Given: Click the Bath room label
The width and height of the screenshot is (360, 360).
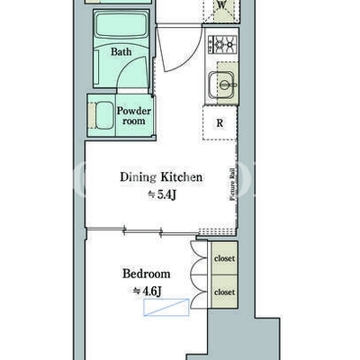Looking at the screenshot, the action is tap(121, 51).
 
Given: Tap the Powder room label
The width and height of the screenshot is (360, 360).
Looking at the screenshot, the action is tap(134, 116).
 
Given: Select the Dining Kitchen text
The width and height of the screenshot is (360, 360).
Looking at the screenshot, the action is tap(161, 177).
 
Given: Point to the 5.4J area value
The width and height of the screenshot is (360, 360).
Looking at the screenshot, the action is tap(162, 195).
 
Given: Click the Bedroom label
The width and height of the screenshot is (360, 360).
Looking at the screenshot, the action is tap(147, 274).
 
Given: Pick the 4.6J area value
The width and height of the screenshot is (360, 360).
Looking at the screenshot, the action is tap(148, 291).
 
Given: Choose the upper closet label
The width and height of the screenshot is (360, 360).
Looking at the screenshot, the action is tap(224, 258).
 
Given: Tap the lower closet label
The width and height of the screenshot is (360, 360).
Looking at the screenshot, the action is tap(224, 292).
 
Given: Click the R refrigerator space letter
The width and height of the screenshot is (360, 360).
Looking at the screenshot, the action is tap(220, 123).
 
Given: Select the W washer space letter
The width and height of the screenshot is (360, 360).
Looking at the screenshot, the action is tap(221, 4).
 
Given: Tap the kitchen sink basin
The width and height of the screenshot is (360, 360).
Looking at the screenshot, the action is tap(221, 85).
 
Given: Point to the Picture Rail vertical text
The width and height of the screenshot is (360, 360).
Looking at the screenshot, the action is tap(232, 184).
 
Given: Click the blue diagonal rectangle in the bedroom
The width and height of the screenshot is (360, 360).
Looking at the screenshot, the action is tap(166, 307).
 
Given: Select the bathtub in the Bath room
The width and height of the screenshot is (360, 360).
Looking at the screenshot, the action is tap(121, 29).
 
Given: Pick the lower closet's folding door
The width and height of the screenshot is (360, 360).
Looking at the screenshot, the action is tap(199, 292).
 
